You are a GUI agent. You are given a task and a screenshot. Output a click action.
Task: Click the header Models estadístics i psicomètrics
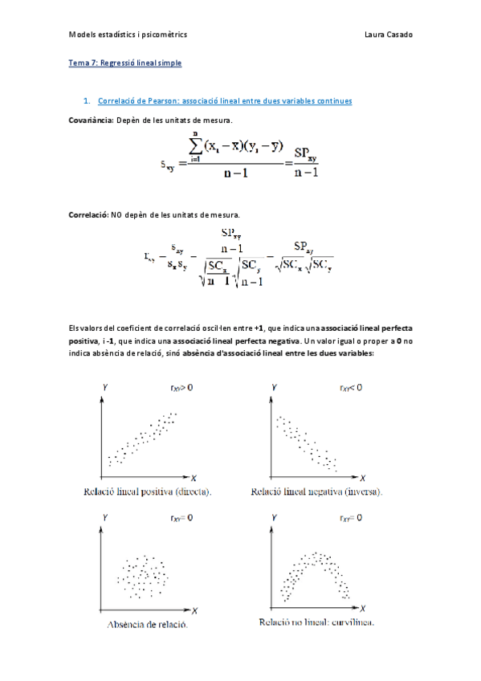(x=128, y=35)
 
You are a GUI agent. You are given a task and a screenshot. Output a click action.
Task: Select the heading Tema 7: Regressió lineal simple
(x=124, y=62)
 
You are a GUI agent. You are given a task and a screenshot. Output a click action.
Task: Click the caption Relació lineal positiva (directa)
(x=158, y=491)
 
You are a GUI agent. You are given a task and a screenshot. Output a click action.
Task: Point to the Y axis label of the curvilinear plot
(x=275, y=520)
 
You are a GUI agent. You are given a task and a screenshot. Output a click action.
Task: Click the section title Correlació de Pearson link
(x=224, y=101)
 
